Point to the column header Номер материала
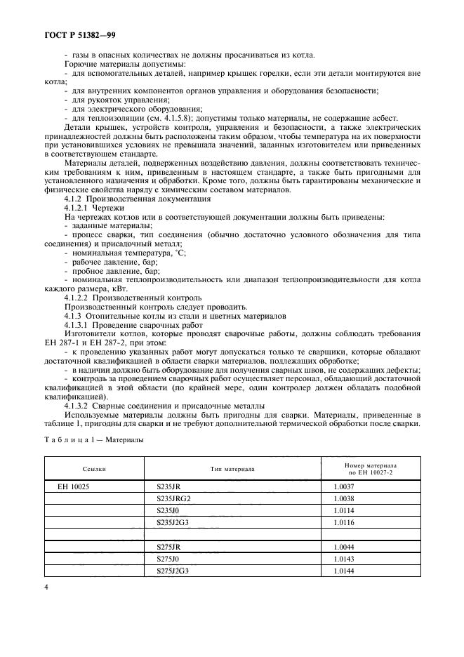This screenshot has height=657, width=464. pos(371,465)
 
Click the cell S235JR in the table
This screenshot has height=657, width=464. pos(168,486)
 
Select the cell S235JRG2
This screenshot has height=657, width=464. pos(173,498)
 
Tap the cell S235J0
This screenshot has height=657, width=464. pos(167,510)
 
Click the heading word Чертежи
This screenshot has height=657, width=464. pos(110,209)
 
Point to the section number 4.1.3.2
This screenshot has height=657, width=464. pos(78,406)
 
